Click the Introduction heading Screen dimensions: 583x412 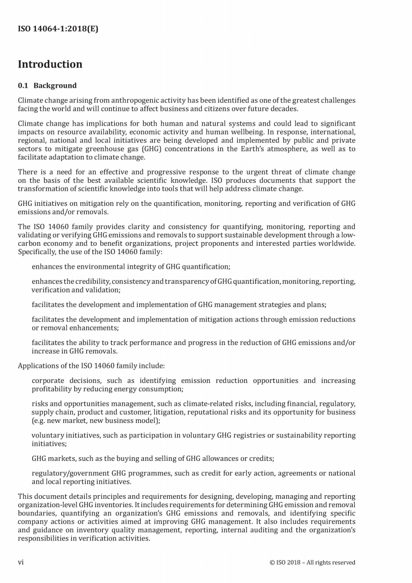point(50,64)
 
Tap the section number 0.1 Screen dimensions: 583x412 point(23,86)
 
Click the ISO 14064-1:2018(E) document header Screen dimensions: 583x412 point(58,29)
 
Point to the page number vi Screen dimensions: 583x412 point(21,562)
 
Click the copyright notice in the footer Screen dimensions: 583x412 point(312,562)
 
